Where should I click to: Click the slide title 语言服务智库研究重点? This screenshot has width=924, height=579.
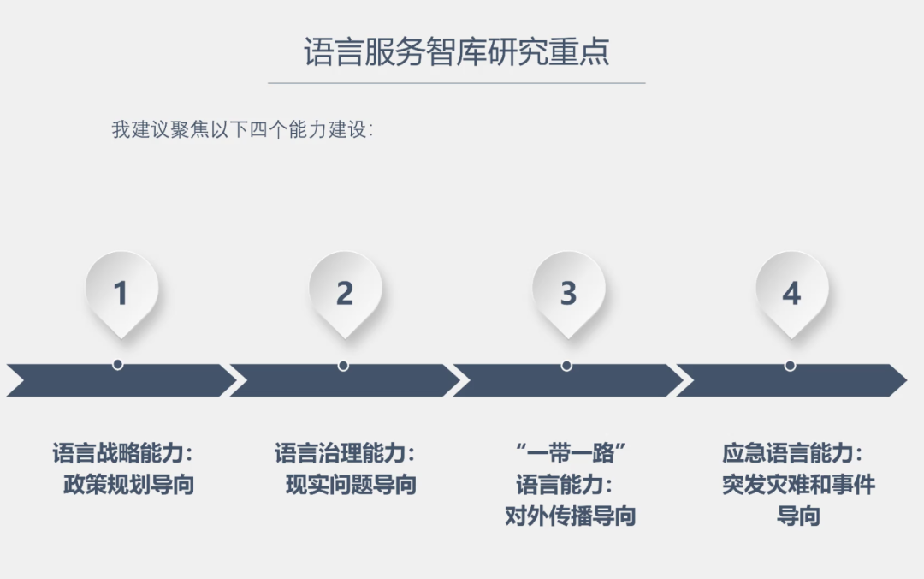(456, 52)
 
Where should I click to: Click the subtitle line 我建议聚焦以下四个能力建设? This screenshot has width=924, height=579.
(242, 130)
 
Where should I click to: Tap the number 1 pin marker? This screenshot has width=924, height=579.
(121, 292)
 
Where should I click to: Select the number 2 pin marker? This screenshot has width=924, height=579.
(344, 292)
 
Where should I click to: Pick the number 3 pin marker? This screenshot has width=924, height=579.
(568, 292)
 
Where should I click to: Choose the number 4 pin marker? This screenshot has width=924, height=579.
(791, 292)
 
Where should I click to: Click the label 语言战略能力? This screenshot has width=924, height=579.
(123, 453)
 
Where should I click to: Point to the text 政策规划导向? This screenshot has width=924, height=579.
(128, 485)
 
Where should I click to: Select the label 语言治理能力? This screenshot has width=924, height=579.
(345, 453)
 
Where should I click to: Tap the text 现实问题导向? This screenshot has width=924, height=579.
(351, 485)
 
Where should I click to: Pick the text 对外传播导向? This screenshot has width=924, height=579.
(570, 516)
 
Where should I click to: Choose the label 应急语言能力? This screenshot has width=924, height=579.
(792, 453)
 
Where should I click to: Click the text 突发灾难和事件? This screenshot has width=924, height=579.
(798, 485)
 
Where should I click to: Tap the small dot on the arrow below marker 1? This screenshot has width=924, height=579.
(118, 364)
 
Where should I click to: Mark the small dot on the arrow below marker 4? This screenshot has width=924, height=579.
(790, 365)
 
